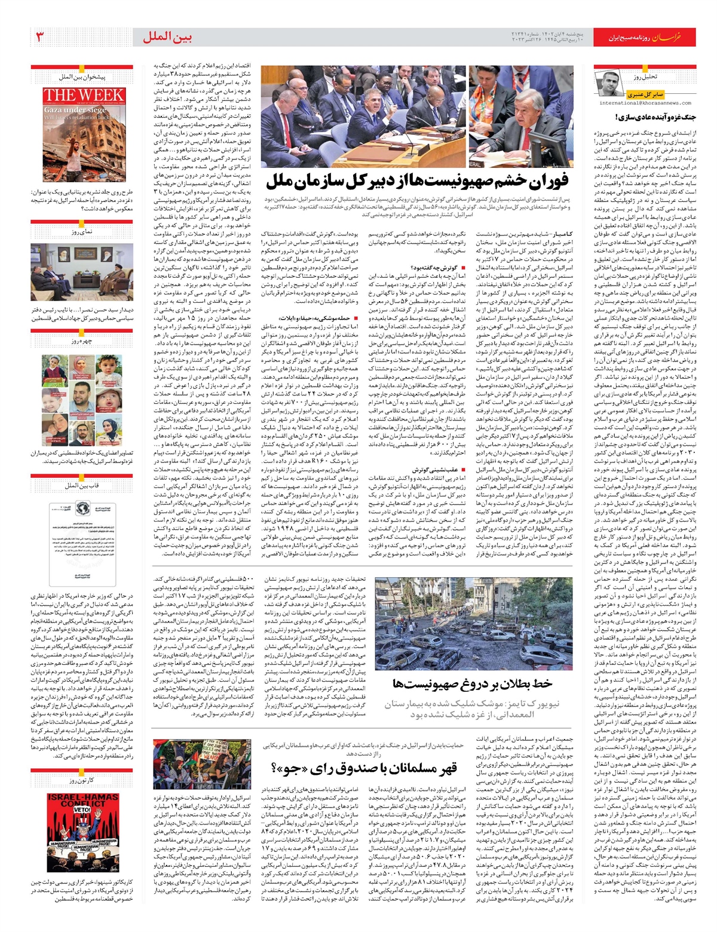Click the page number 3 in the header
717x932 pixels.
[x=40, y=37]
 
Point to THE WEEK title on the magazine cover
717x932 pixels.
[x=84, y=96]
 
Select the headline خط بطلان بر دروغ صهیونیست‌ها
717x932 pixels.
[x=472, y=683]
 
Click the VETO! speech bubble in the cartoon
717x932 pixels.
[x=82, y=810]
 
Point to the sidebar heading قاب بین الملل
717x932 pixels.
[x=82, y=486]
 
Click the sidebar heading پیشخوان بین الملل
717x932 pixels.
[x=82, y=77]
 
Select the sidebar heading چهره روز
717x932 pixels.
[x=82, y=342]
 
